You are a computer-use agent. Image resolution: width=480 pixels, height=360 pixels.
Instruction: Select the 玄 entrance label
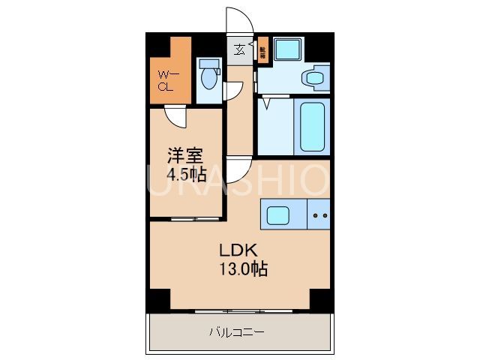[x=239, y=50]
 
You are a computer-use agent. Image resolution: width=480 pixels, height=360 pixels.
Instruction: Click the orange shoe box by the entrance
[x=262, y=52]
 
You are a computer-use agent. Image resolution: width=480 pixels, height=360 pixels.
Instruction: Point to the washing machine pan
[x=286, y=49]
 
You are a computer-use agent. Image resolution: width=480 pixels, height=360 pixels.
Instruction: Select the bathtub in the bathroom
[x=312, y=127]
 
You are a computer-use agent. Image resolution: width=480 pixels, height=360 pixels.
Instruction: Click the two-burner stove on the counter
[x=319, y=215]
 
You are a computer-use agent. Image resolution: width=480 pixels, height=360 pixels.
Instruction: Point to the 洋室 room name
[x=185, y=156]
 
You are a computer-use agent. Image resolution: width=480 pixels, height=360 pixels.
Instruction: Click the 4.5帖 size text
[x=187, y=174]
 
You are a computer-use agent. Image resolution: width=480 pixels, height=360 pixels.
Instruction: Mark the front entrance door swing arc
[x=238, y=21]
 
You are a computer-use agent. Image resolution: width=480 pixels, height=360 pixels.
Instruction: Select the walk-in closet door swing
[x=176, y=116]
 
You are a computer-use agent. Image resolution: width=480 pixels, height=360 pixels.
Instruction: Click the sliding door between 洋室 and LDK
[x=185, y=219]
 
